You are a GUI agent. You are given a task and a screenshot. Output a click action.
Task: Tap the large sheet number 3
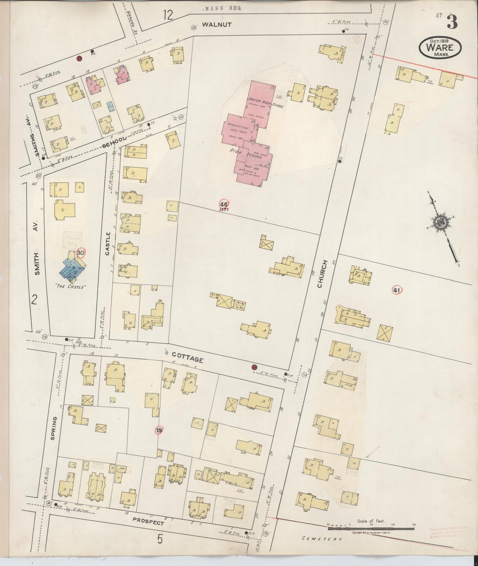(452, 22)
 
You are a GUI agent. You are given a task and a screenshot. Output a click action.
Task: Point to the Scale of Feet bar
(370, 528)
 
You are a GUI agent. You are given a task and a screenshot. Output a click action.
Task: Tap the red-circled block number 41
(397, 291)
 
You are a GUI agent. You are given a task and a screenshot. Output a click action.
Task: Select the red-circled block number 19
(159, 430)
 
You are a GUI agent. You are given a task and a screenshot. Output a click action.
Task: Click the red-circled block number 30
(80, 253)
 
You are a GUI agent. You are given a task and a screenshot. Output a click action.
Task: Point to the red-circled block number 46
(224, 204)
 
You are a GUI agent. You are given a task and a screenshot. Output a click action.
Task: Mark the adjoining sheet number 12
(168, 15)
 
